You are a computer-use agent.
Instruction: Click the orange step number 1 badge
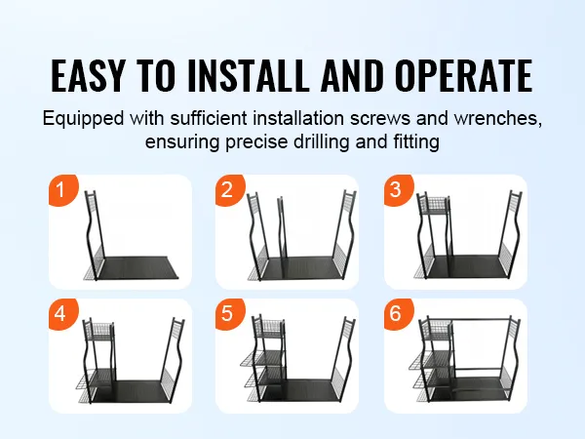62,189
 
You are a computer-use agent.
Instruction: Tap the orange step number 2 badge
229,189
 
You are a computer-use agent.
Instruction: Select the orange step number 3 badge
398,189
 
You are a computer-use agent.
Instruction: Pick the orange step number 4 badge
62,313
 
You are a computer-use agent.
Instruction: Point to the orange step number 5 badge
229,313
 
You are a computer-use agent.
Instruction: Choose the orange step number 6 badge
398,313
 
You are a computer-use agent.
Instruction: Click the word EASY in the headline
88,76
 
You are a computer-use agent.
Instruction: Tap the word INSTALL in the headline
249,76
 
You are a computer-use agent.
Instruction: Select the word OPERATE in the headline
464,76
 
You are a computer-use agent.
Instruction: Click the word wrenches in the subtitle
497,118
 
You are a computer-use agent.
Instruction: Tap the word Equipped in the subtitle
83,119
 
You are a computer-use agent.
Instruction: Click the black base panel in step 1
137,267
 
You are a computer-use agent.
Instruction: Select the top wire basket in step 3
434,205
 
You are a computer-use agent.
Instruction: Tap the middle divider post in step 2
282,227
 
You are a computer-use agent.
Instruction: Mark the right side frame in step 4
174,359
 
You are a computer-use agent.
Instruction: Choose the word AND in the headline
352,76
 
